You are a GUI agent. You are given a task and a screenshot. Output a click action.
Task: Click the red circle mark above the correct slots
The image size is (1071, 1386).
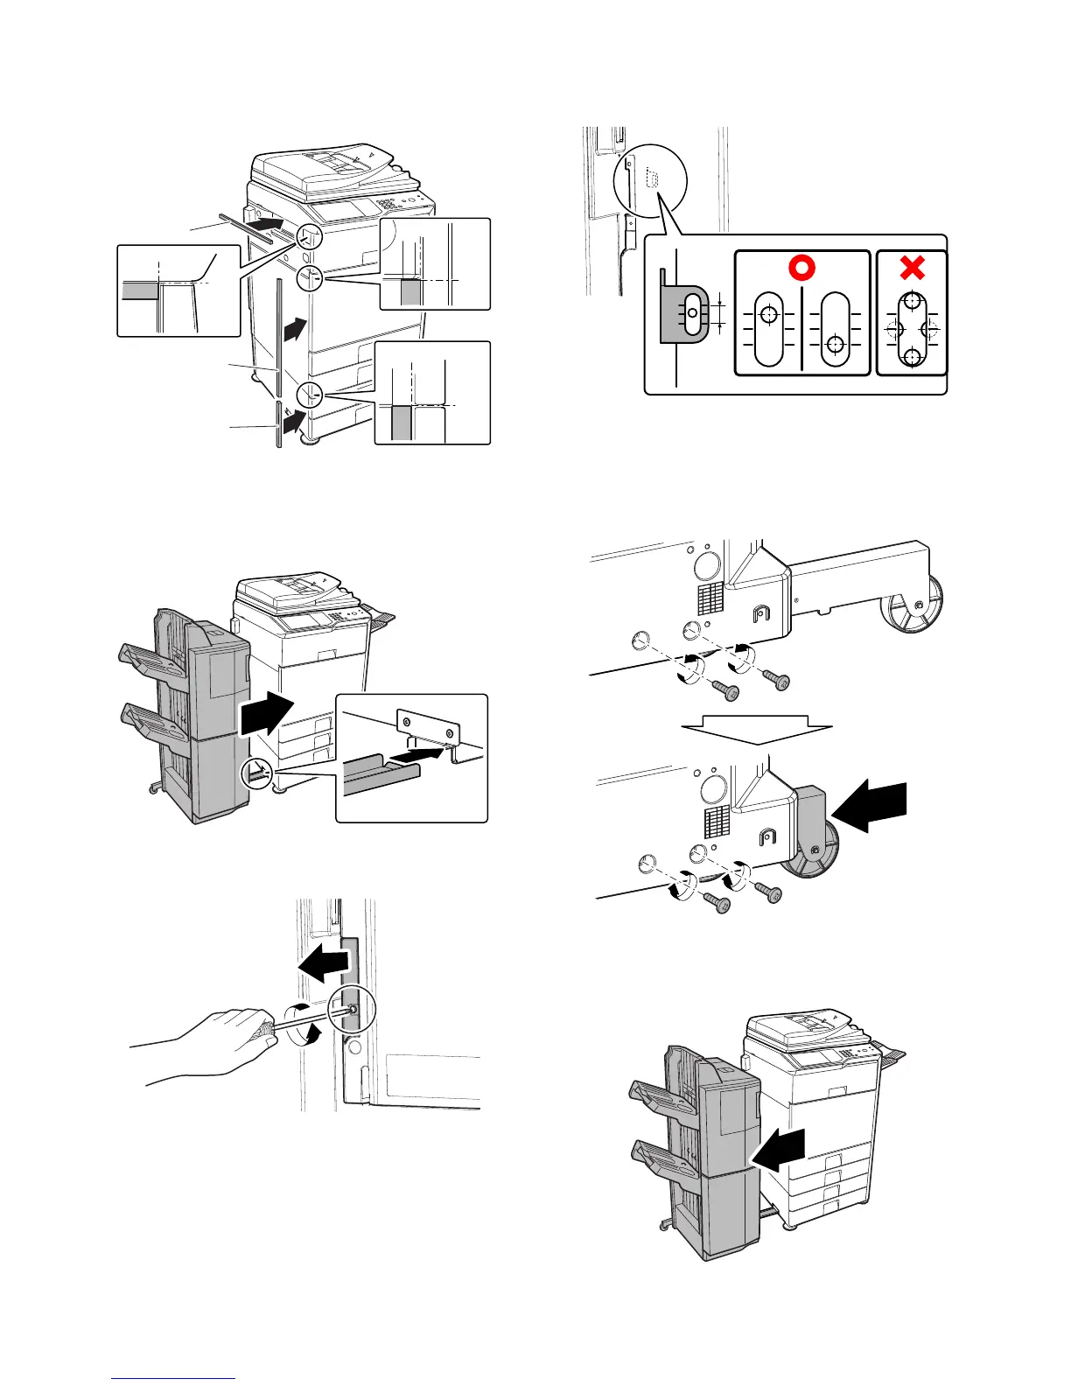point(802,268)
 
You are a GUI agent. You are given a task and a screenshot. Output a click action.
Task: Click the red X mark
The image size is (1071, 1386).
point(912,268)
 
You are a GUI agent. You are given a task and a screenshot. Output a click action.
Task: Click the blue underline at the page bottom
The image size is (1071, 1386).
point(173,1378)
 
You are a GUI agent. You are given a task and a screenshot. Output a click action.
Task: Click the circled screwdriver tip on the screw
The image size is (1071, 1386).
point(351,1011)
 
